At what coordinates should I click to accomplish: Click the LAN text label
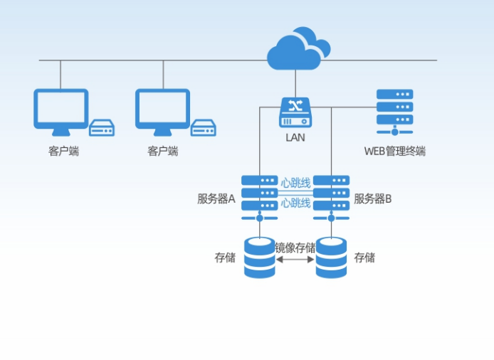[295, 137]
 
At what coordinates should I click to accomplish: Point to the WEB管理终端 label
[394, 151]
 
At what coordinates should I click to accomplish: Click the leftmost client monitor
[61, 111]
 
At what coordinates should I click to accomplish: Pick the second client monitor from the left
[163, 111]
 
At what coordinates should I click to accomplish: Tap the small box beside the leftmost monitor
[102, 128]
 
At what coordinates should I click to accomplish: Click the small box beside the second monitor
[204, 128]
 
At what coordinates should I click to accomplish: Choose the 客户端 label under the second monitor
[163, 151]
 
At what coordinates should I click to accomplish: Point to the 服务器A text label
[216, 198]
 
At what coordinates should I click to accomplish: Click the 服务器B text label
[373, 198]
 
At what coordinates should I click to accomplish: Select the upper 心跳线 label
[295, 183]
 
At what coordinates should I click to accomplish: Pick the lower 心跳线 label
[295, 203]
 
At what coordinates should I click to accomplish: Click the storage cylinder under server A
[259, 258]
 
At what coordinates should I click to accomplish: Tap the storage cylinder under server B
[331, 258]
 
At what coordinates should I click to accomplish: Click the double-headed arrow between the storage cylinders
[295, 260]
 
